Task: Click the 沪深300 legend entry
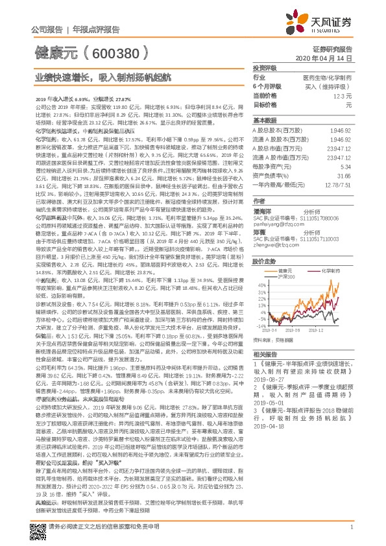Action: pos(286,276)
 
